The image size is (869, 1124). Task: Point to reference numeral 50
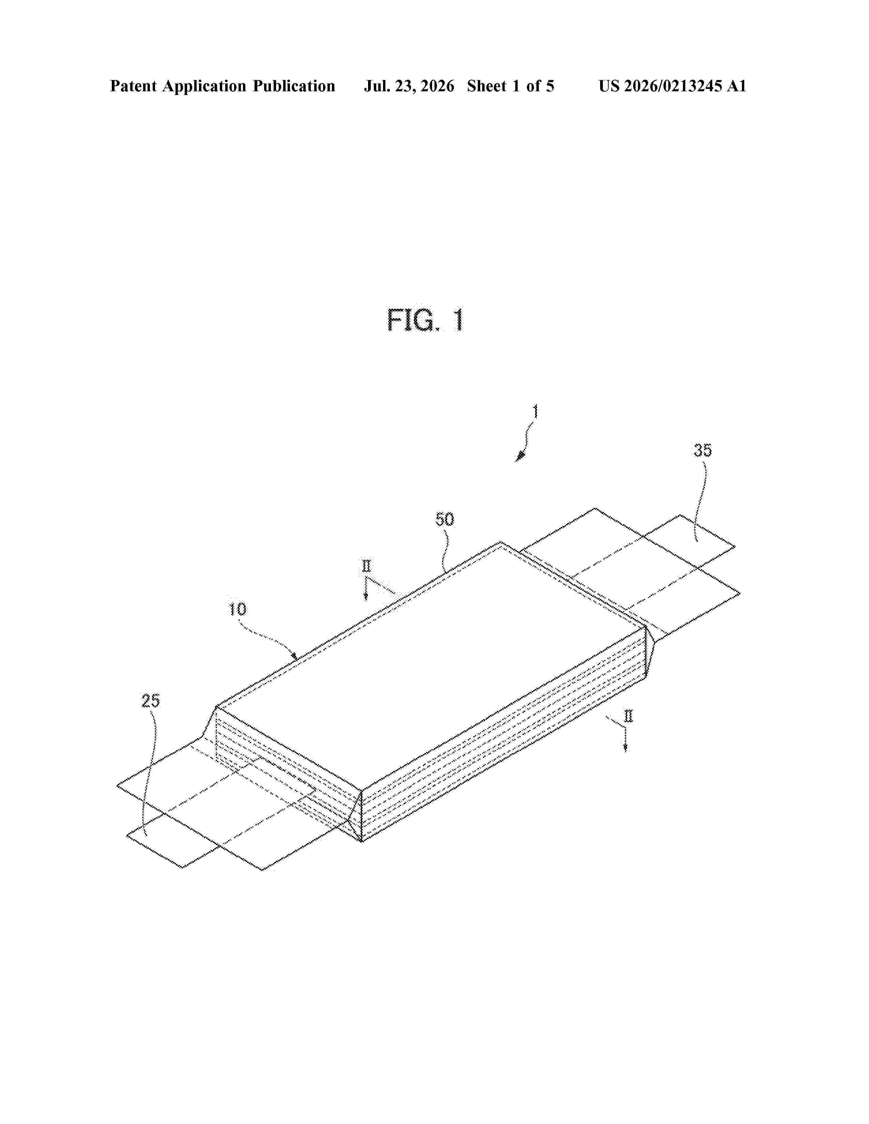445,519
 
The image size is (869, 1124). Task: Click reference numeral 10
237,609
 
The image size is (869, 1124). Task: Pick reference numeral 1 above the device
535,412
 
